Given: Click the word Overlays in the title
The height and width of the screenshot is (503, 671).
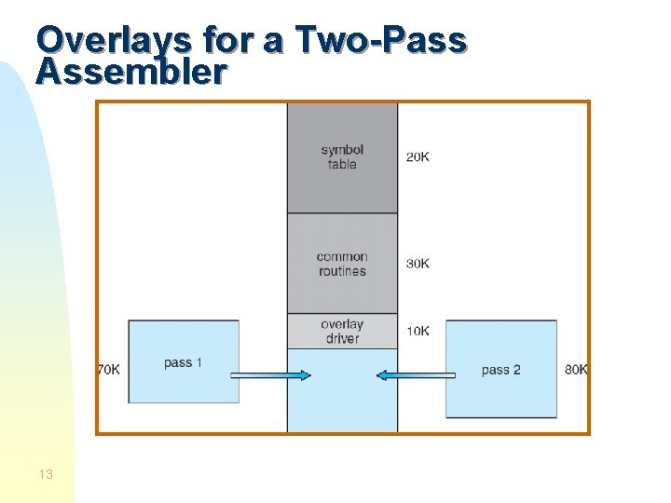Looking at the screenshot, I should [100, 40].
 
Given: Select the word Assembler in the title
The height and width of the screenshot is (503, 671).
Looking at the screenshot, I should [130, 72].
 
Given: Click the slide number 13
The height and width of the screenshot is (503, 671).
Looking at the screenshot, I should [46, 474].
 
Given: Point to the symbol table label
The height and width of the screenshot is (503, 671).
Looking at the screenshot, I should [342, 156].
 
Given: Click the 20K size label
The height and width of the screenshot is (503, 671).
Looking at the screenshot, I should [418, 156].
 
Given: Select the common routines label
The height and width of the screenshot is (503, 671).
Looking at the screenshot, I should [342, 264].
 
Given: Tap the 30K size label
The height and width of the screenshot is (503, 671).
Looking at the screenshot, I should [418, 264].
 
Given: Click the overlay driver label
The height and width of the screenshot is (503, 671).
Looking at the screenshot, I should [342, 331].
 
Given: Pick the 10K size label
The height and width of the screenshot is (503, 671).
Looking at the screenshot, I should [418, 331].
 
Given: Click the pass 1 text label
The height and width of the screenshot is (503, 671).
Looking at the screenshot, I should [183, 362].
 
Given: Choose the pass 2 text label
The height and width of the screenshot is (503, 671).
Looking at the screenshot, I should [500, 370].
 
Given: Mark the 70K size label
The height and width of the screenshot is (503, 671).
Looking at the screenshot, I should [109, 370].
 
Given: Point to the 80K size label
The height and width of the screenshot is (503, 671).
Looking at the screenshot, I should [576, 370].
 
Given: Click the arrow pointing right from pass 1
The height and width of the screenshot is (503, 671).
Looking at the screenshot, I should [270, 375].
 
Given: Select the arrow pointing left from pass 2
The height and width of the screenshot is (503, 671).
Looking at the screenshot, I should [416, 375].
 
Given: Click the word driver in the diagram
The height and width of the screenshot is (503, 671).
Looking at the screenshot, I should [342, 338].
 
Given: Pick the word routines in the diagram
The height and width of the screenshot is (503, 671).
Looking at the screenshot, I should [342, 271].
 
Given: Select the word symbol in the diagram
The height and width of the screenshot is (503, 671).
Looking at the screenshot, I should [342, 149].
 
